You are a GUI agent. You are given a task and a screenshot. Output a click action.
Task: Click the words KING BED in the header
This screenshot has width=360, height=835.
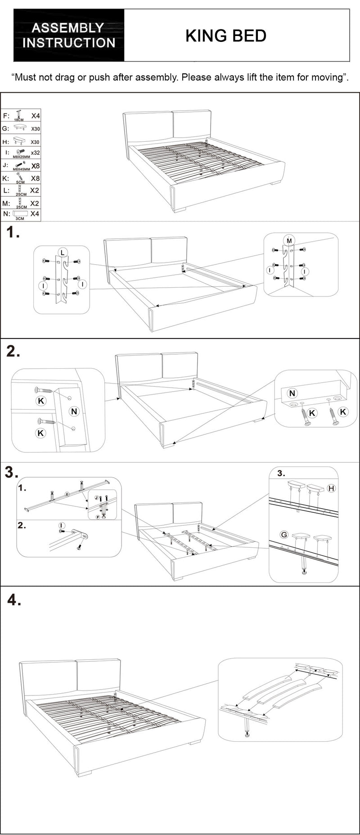coord(225,36)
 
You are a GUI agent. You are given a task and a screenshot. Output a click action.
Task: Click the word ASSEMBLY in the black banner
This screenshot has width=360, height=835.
coord(67,28)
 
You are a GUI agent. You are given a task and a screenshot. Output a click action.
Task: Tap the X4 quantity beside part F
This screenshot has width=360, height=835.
coord(36,116)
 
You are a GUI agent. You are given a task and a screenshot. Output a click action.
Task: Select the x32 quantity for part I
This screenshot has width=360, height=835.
coord(35,153)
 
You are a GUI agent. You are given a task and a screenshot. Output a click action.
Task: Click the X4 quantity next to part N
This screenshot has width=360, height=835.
coord(35,214)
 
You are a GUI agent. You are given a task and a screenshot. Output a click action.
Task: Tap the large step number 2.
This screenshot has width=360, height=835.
coord(13,351)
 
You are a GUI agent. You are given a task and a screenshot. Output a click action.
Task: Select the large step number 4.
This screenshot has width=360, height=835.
coord(14,600)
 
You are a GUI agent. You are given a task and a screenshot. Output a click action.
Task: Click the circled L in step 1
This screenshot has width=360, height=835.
coord(62,252)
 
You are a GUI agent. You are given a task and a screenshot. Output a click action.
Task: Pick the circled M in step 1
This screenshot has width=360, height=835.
coord(289,241)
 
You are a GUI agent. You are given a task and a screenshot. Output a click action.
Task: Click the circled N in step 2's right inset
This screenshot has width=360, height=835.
coord(292,393)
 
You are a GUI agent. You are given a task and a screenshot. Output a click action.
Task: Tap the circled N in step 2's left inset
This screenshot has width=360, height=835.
coord(74,411)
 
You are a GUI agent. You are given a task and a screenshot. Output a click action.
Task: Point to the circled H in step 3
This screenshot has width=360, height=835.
coord(331,488)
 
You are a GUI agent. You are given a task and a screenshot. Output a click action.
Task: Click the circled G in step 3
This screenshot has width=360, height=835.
coord(284,535)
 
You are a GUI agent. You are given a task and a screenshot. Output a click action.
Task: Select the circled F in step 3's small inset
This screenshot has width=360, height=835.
coord(98,518)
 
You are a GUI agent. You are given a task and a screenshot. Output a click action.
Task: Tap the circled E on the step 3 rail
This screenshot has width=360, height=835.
coord(67,494)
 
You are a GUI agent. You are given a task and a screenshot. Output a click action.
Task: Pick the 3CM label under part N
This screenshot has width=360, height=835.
coord(20,219)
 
